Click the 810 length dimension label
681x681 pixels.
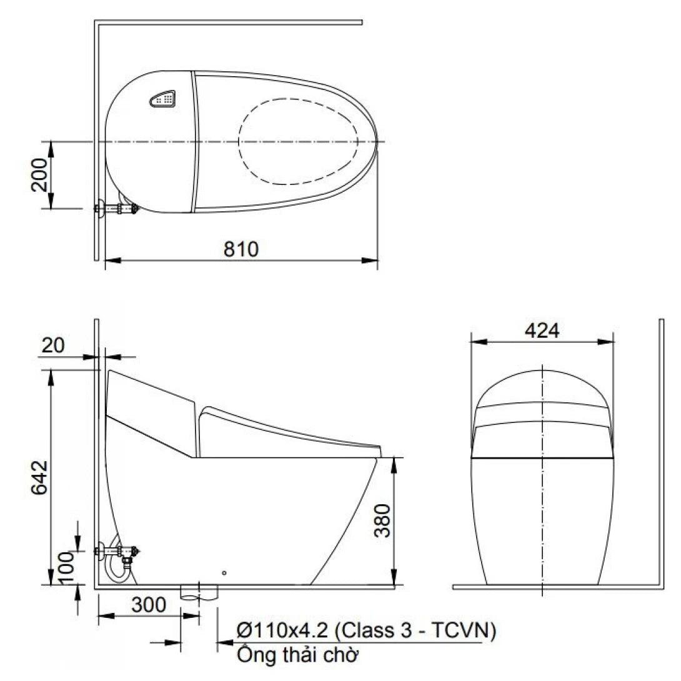tap(241, 249)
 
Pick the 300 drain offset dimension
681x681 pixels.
tap(149, 605)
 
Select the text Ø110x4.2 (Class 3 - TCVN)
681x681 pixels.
tap(367, 631)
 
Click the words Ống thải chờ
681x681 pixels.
tap(298, 656)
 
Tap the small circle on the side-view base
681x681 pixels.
tap(224, 572)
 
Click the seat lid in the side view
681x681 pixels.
tap(287, 431)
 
